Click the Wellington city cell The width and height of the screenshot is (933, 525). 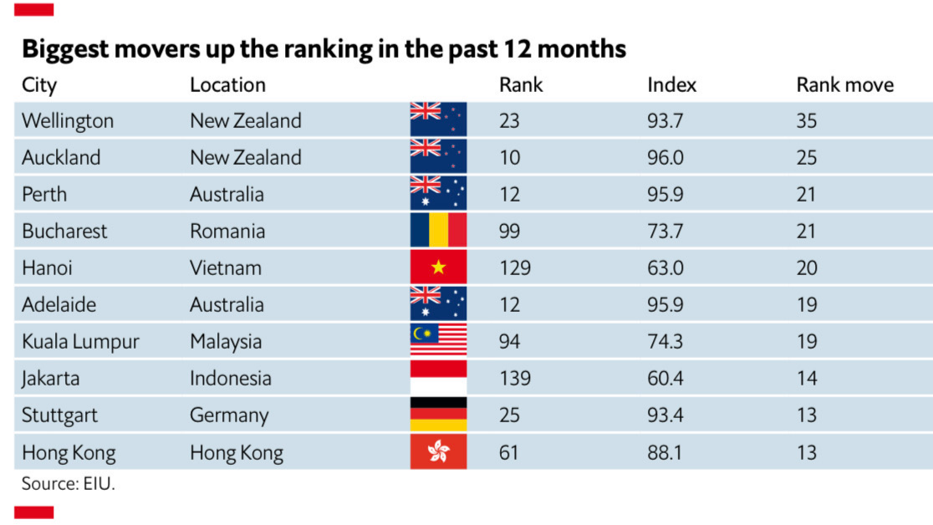68,120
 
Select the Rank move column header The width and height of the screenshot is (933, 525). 844,84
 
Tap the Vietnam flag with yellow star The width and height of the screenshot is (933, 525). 438,268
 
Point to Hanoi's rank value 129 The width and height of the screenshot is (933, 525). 514,268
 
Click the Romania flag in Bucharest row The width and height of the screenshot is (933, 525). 438,231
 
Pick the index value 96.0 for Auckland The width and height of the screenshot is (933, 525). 665,157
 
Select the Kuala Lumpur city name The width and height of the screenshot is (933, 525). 80,341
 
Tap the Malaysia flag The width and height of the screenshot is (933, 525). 438,341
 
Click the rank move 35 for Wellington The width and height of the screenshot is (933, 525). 807,120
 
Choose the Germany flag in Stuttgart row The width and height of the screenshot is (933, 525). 438,415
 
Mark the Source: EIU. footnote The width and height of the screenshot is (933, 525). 68,484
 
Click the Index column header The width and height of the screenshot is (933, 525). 671,84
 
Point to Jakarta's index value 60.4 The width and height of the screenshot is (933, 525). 665,378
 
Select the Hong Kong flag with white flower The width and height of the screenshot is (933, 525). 438,452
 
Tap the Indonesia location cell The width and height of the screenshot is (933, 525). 231,378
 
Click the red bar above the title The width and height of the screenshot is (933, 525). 34,9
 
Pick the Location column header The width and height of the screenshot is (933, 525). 227,84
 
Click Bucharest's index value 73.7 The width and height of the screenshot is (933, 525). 665,231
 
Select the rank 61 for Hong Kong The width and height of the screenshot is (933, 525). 508,452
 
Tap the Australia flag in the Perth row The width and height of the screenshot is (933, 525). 438,194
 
